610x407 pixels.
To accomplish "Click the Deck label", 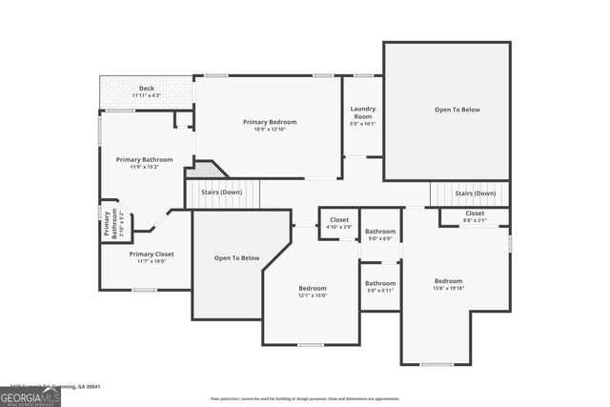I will [146, 89].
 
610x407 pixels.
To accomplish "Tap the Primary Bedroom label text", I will [270, 122].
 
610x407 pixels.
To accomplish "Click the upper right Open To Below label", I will [457, 110].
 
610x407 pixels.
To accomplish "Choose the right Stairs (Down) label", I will [475, 193].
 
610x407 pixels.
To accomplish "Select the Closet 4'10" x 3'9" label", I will [339, 223].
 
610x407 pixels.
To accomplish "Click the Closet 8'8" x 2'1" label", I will [475, 216].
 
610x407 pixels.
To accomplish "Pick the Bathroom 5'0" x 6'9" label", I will [380, 234].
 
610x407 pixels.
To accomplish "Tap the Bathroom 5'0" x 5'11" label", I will [380, 285].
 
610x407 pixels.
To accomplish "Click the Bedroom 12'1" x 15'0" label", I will [313, 291].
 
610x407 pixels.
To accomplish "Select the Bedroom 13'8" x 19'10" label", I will [448, 284].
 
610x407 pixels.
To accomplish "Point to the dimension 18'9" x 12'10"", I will [270, 130].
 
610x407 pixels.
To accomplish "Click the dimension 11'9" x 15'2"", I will [144, 167].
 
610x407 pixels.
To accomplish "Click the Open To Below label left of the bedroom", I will [236, 258].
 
